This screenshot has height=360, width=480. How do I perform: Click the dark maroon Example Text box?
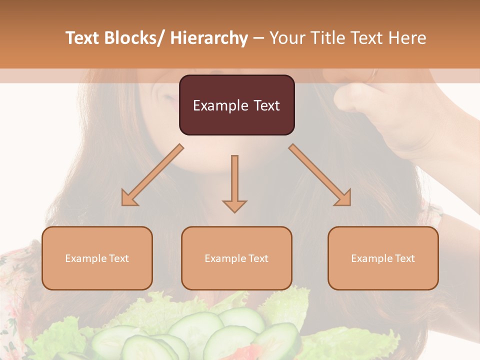coord(236,105)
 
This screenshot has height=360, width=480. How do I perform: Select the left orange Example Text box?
coord(97,258)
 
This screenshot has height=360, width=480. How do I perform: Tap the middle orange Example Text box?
coord(236,258)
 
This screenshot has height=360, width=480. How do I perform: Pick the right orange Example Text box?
coord(383,258)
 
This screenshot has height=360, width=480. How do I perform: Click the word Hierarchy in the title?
coord(209,38)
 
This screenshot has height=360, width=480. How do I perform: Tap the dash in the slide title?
coord(258,38)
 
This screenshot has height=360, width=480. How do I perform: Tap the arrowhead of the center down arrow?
coord(234,205)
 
